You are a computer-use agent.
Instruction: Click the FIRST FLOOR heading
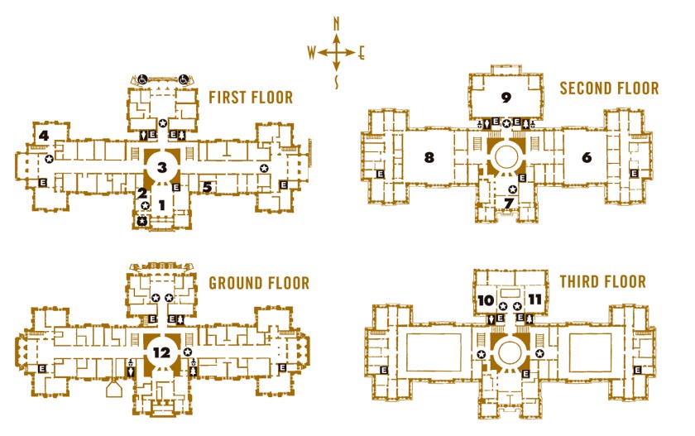(x=251, y=98)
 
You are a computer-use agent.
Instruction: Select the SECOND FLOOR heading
(x=609, y=89)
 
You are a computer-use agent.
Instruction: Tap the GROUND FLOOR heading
(x=259, y=283)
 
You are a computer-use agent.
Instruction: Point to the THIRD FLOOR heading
(x=603, y=281)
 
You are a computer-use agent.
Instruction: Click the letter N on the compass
(x=337, y=23)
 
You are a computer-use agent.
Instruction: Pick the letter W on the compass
(x=312, y=53)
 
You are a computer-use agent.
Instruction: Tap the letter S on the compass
(x=337, y=82)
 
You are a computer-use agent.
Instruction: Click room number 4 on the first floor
(x=43, y=135)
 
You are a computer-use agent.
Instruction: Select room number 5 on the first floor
(x=207, y=188)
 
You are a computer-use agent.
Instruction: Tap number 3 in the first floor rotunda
(x=162, y=167)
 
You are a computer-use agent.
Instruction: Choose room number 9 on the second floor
(x=506, y=97)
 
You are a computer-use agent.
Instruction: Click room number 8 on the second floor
(x=429, y=157)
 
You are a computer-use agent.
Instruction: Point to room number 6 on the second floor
(x=587, y=157)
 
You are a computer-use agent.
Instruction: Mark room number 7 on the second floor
(x=509, y=203)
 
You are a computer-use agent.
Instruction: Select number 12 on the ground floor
(x=161, y=352)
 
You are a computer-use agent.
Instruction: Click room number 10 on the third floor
(x=486, y=300)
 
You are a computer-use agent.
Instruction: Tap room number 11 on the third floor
(x=535, y=300)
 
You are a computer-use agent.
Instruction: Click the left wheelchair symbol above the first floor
(x=142, y=79)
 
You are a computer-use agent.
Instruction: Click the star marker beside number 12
(x=188, y=352)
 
